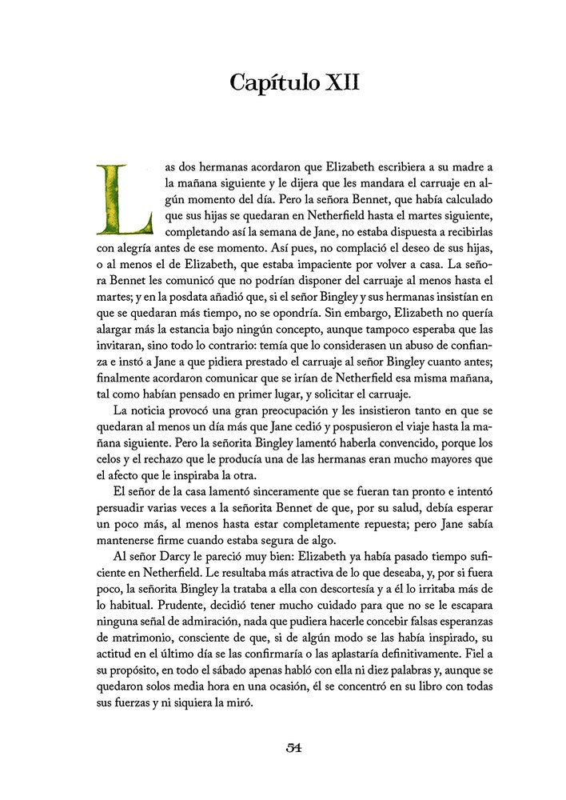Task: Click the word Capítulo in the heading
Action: point(273,82)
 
